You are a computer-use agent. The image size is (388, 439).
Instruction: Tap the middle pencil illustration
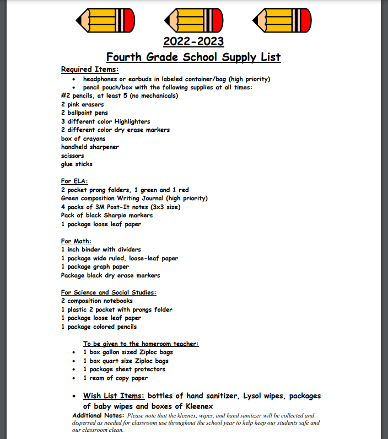point(193,20)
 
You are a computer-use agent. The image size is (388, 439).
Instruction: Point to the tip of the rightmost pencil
point(255,20)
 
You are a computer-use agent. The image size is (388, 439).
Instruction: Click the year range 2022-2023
point(193,41)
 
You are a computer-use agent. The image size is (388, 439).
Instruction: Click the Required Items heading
point(89,69)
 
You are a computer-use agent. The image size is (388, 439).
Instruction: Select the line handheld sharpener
point(90,147)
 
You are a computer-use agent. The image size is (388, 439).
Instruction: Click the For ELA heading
point(74,181)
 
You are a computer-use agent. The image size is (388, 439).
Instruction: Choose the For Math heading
point(76,241)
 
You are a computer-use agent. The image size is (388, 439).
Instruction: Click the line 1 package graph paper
point(95,266)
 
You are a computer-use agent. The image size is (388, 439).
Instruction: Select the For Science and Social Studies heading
point(109,292)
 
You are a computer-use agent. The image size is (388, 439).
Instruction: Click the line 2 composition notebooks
point(96,301)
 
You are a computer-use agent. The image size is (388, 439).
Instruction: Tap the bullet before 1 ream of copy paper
point(74,378)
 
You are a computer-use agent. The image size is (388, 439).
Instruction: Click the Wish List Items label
point(114,396)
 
